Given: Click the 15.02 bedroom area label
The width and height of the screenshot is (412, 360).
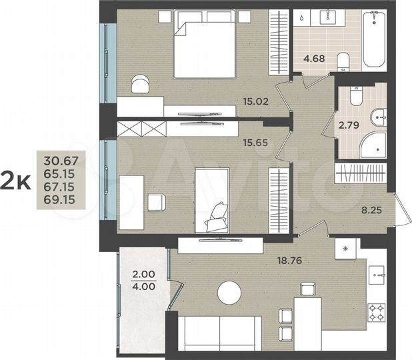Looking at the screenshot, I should [256, 102].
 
